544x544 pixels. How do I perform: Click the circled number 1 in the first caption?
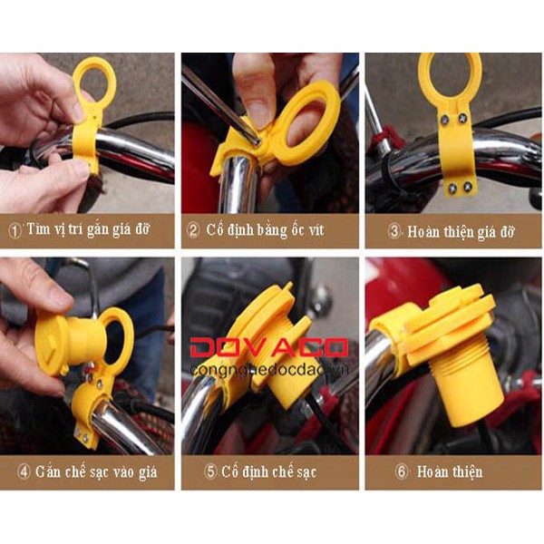(x=15, y=231)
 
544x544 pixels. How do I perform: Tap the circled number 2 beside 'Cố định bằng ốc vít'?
(x=193, y=230)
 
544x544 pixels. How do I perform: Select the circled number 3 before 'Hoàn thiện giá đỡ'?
(x=394, y=231)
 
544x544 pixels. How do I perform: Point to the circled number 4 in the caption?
(x=24, y=471)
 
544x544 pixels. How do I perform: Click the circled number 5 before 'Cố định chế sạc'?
(x=210, y=471)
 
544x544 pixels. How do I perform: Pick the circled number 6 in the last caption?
(x=402, y=471)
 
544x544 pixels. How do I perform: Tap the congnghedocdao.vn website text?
(x=269, y=371)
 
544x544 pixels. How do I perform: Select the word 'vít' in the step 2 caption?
(x=316, y=229)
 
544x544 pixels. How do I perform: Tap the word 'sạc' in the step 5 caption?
(x=306, y=472)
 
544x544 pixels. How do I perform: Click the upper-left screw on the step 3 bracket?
(x=445, y=121)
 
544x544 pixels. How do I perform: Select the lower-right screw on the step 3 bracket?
(x=467, y=188)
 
